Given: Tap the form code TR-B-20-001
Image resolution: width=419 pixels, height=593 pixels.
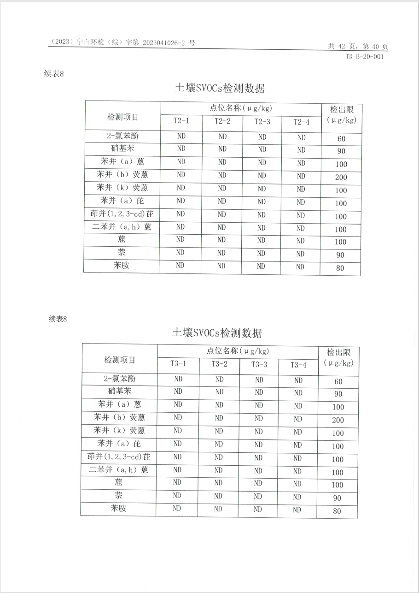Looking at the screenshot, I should [364, 57].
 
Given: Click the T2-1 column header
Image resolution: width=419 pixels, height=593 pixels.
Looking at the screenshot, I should [181, 121].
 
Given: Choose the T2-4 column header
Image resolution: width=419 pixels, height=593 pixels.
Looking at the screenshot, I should [302, 122].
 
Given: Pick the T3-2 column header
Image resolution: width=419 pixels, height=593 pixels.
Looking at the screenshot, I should [220, 364].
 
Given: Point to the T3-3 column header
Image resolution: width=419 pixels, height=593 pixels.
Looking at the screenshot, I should [259, 364].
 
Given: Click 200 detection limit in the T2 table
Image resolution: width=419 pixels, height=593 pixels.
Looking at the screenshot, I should [341, 178].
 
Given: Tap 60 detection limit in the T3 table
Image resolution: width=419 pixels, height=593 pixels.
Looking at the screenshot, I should [338, 382].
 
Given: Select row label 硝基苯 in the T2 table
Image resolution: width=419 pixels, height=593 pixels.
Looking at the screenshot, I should [122, 148].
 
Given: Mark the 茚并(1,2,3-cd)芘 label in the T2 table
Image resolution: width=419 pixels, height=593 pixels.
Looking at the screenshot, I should [122, 214].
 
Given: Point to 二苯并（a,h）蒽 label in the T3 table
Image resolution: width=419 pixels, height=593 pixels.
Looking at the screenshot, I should [119, 470].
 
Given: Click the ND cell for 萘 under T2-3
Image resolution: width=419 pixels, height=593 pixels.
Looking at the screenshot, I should [261, 253].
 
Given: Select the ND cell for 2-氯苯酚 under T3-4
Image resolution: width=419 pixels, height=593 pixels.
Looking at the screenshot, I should [298, 380].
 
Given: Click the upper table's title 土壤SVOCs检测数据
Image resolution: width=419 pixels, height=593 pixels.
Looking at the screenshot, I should [220, 88].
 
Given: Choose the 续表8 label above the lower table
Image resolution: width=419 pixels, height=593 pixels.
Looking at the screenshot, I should [58, 319].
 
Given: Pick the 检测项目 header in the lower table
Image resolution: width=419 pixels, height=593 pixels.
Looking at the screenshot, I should [120, 360].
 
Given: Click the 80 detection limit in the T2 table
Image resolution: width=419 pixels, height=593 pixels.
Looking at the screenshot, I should [340, 268].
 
